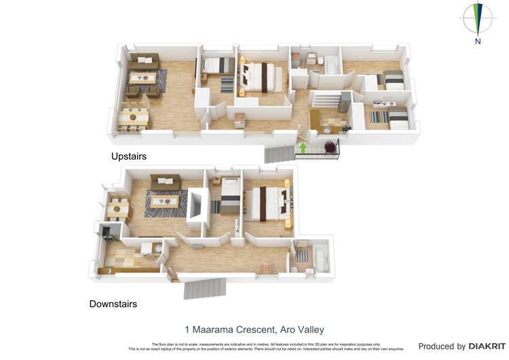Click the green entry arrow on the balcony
click(x=303, y=147)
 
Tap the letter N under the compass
click(x=478, y=41)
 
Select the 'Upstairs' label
click(x=129, y=156)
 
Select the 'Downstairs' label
click(x=113, y=304)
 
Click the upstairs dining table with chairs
click(x=132, y=118)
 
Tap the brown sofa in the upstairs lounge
click(x=145, y=60)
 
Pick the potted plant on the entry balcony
click(x=331, y=147)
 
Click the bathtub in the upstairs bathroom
click(x=333, y=66)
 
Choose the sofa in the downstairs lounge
click(x=165, y=181)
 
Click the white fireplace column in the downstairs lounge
click(x=197, y=207)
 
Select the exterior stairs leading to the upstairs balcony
click(x=278, y=155)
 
